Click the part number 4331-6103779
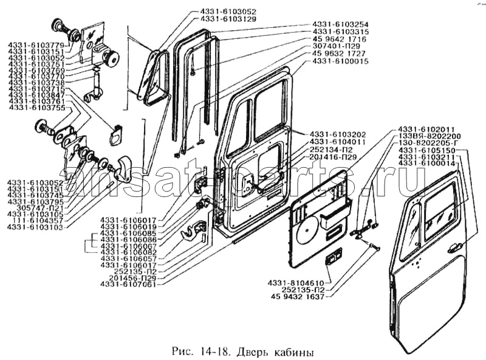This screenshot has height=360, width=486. click(x=32, y=45)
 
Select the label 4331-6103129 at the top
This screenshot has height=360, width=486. click(x=225, y=19)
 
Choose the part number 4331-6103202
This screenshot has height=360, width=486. click(x=338, y=133)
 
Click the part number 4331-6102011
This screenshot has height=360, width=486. click(x=426, y=129)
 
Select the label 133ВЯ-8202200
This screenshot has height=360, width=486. click(x=430, y=136)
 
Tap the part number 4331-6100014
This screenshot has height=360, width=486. click(x=430, y=164)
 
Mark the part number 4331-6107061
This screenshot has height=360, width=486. click(x=129, y=284)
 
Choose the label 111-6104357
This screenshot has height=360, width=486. click(x=35, y=221)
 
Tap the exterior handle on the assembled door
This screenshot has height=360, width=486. click(x=452, y=247)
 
